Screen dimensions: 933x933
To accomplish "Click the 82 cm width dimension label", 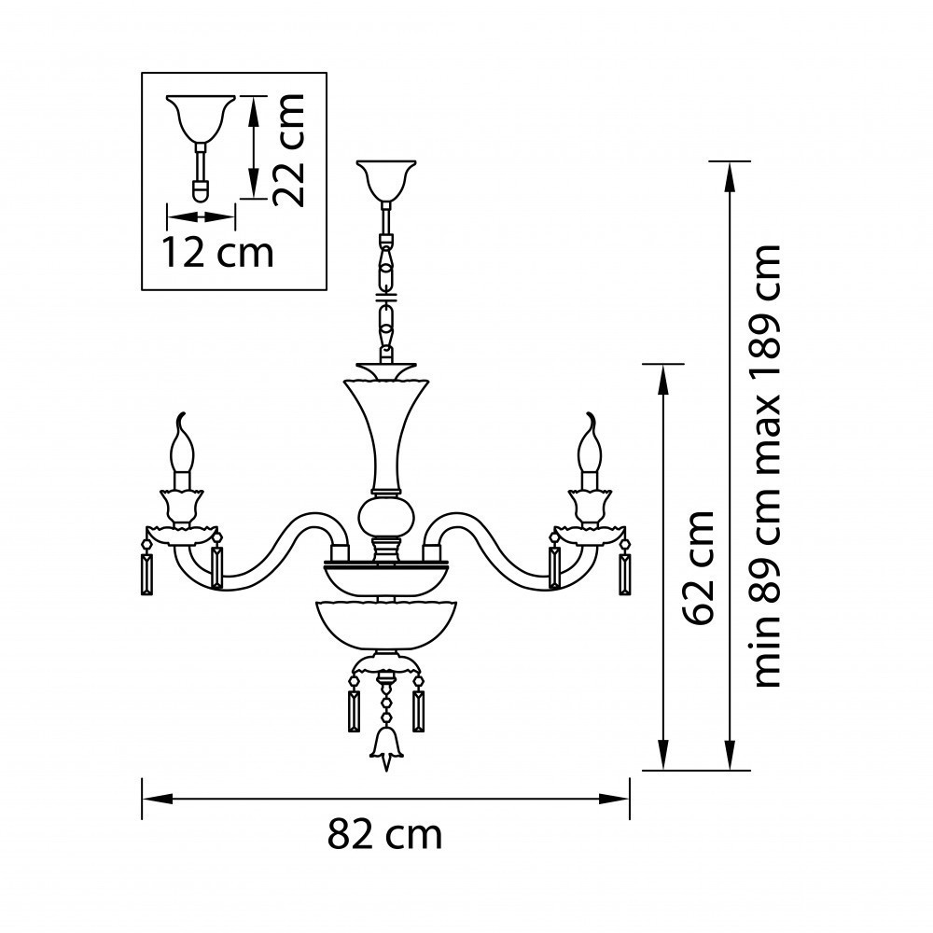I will click(384, 834).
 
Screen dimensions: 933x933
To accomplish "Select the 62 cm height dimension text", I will click(700, 567).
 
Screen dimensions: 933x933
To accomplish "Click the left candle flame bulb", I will click(183, 450).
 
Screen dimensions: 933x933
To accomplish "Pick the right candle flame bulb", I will click(589, 450).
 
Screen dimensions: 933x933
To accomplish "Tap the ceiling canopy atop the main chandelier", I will click(386, 179).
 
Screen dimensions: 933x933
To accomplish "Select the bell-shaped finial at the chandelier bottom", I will click(384, 746).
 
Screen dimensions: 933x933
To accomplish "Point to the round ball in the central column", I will click(385, 515).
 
